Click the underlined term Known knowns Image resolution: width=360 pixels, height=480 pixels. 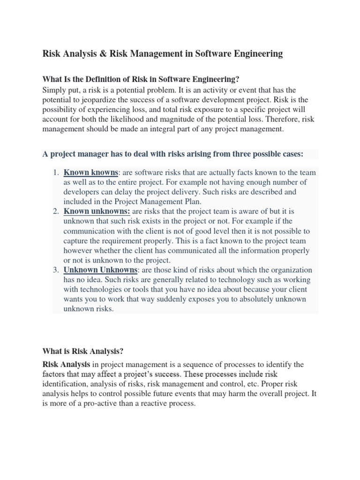coord(90,173)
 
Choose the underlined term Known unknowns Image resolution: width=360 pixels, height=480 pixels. coord(97,212)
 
